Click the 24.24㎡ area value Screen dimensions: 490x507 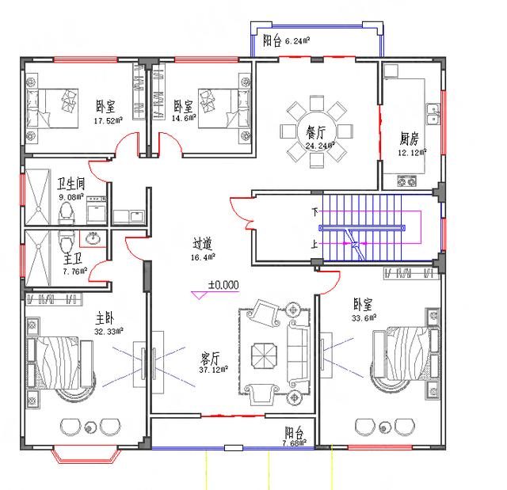321,146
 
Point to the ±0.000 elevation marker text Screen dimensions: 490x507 223,284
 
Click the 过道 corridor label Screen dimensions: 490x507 203,245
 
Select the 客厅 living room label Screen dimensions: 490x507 212,358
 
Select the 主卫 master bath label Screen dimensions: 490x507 73,258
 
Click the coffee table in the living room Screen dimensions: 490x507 262,352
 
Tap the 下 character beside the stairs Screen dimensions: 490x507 315,212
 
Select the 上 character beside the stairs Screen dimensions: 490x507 315,245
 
